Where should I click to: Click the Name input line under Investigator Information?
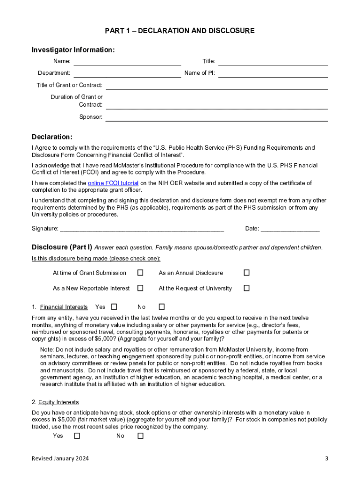click(127, 62)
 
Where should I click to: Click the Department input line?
click(127, 74)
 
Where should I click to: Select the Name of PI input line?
click(273, 74)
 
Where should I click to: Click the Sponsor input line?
click(216, 118)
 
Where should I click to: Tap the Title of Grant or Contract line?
click(216, 86)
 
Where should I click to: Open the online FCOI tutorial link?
click(113, 183)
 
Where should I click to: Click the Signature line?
click(142, 229)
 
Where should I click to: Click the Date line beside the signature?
click(290, 229)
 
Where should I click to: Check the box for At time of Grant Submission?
click(140, 273)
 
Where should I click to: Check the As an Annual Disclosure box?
click(246, 273)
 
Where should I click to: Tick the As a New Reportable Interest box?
click(140, 288)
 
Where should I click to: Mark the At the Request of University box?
click(246, 288)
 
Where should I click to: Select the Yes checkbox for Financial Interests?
click(114, 307)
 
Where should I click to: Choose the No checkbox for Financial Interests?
click(162, 307)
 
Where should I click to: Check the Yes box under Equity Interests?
click(77, 435)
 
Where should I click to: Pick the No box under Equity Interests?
click(140, 435)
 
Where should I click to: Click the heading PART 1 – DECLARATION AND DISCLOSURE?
click(180, 31)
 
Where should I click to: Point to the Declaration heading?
click(52, 137)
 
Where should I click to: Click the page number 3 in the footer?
click(326, 458)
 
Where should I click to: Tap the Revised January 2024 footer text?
click(60, 458)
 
